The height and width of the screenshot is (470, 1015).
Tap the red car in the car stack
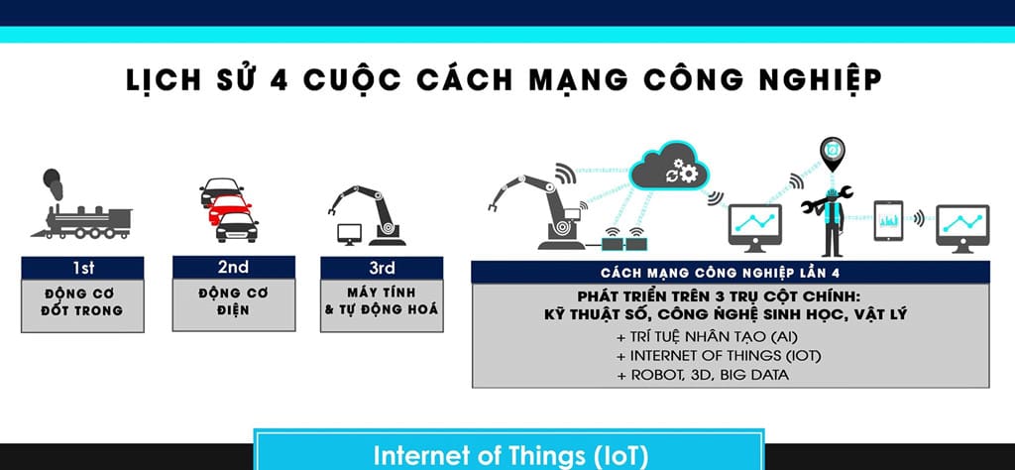(x=228, y=207)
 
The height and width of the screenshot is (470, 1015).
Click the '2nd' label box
(x=233, y=267)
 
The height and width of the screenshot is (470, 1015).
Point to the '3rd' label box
(x=382, y=267)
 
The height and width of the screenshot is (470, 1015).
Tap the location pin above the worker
(x=833, y=152)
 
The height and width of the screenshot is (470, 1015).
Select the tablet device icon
(x=889, y=220)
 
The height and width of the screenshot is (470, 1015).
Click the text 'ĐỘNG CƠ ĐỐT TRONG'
(x=84, y=302)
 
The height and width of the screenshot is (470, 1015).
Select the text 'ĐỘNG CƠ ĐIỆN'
(x=233, y=302)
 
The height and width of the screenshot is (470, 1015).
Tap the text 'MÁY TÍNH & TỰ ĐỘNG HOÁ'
(x=382, y=302)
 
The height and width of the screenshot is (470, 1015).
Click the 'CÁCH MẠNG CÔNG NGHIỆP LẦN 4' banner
(x=729, y=272)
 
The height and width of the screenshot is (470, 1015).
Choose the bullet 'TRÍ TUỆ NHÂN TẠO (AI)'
(x=692, y=336)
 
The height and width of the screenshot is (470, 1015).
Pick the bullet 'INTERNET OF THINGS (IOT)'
(x=705, y=355)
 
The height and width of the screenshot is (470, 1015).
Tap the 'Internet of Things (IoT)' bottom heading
(x=510, y=456)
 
